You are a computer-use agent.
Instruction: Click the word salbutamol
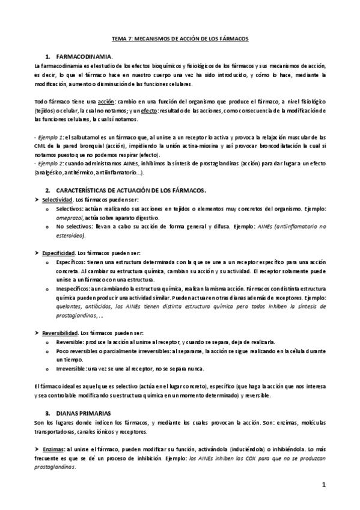pos(79,137)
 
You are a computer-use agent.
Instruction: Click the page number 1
pos(323,484)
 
